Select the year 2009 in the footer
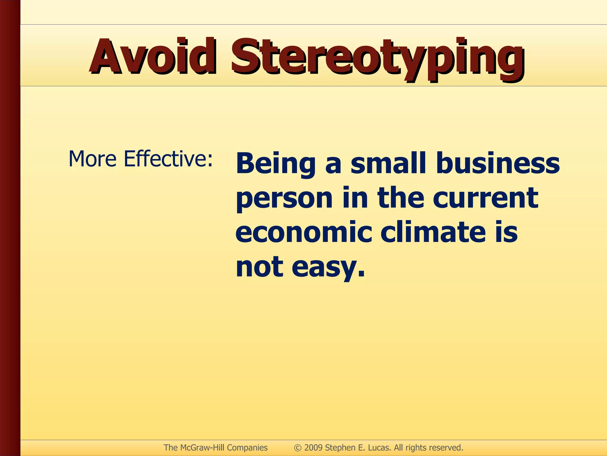[313, 448]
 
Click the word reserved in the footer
[446, 448]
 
